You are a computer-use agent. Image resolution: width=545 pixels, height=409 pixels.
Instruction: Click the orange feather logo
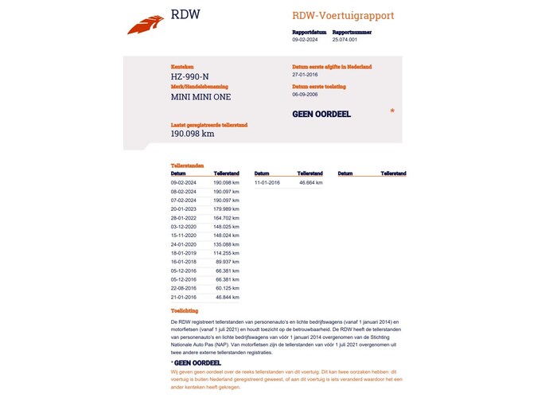(145, 25)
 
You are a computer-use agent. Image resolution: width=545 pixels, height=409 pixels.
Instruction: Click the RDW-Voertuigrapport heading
(343, 16)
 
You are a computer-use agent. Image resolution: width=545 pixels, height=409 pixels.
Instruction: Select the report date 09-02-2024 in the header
(305, 39)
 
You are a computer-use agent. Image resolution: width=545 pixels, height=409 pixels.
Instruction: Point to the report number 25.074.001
(345, 39)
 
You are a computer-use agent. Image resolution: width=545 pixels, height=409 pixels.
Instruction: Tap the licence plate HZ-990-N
(190, 77)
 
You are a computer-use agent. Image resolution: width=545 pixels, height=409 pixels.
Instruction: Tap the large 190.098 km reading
(193, 134)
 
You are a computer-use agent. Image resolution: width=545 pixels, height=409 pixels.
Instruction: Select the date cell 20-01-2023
(184, 209)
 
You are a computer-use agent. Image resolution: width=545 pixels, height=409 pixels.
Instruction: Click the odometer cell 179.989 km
(226, 209)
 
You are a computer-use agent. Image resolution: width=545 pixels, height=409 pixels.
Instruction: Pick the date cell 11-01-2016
(267, 183)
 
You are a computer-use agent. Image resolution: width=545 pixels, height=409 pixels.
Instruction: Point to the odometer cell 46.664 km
(311, 183)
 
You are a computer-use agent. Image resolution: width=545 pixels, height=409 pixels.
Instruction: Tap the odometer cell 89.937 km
(228, 262)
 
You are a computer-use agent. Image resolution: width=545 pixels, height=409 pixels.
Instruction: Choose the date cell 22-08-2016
(184, 288)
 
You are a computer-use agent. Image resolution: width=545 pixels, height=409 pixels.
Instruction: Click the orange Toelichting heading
(185, 310)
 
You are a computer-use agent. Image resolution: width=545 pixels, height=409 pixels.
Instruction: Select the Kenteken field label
(182, 67)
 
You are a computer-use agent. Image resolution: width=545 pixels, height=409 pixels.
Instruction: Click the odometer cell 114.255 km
(226, 253)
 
